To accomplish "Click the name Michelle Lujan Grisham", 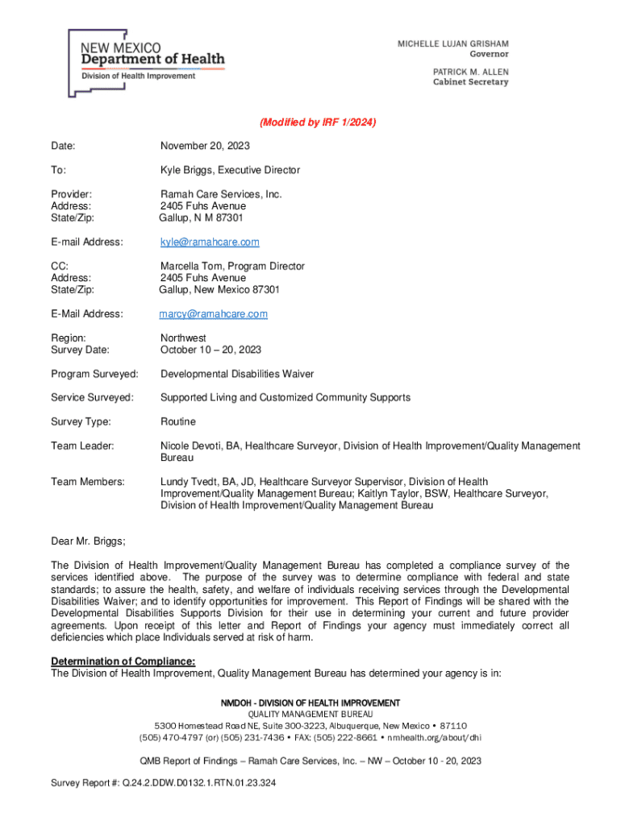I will pos(452,44).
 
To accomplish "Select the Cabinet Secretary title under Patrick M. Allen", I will pos(471,82).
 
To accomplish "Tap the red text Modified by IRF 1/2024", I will pos(318,122).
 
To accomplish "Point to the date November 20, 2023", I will pos(205,146).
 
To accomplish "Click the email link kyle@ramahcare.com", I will pos(210,242).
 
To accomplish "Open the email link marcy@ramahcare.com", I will pos(214,313).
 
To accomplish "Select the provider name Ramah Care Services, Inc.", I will pos(221,194).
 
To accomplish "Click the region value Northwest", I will pos(183,338).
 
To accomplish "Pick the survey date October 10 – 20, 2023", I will pos(210,350).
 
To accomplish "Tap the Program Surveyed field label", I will pos(94,374).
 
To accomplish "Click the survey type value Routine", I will pos(177,421).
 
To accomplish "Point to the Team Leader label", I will pos(82,446).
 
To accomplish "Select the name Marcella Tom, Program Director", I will pos(232,266).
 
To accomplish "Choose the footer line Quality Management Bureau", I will pos(310,714).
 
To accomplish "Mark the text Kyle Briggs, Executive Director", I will pos(230,170).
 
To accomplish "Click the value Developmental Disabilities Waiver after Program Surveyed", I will pos(237,374).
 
